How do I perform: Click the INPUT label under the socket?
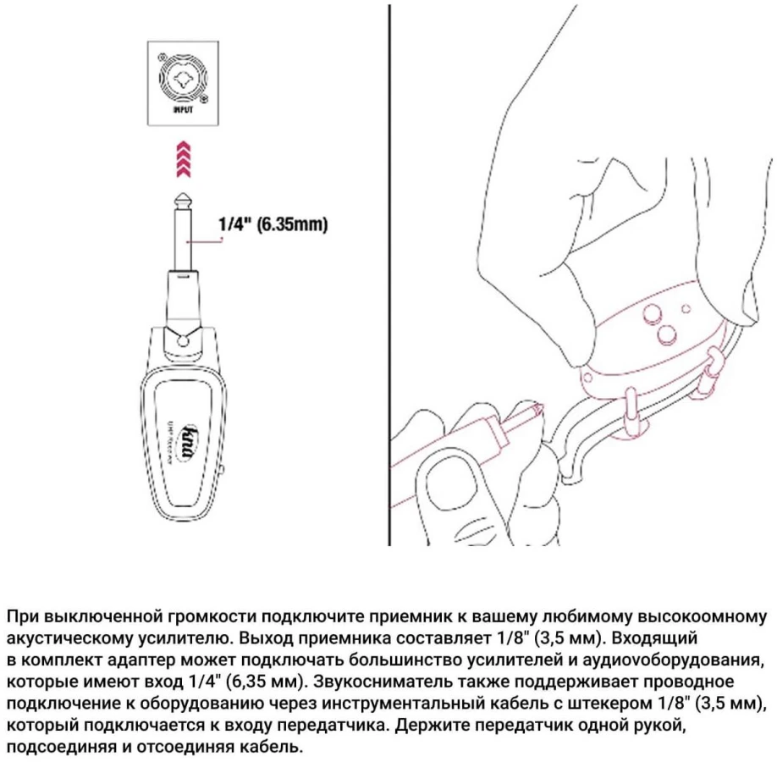(182, 109)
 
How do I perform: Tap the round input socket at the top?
(182, 79)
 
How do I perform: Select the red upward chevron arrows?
(182, 158)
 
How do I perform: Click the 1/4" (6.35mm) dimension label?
(273, 225)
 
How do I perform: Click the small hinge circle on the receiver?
(183, 340)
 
